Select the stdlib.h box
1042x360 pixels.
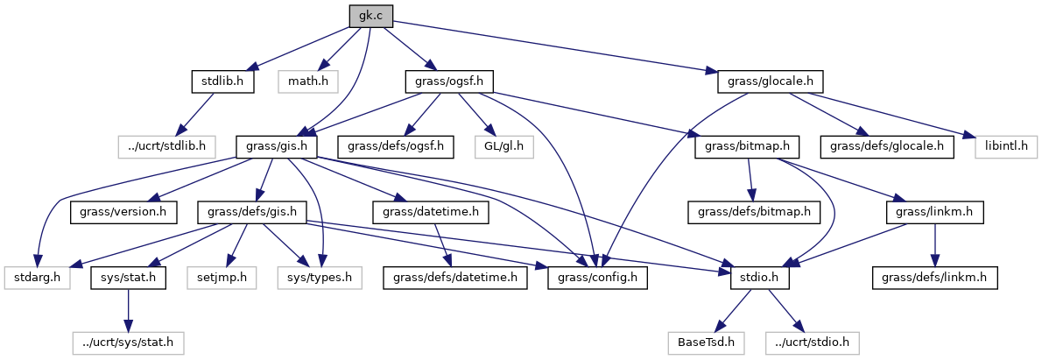[222, 82]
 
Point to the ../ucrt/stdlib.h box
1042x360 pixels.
[168, 145]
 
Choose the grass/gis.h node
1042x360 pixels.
[277, 145]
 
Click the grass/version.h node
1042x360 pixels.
[124, 211]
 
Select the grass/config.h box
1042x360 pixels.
[598, 279]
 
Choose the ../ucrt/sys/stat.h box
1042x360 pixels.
[129, 341]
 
